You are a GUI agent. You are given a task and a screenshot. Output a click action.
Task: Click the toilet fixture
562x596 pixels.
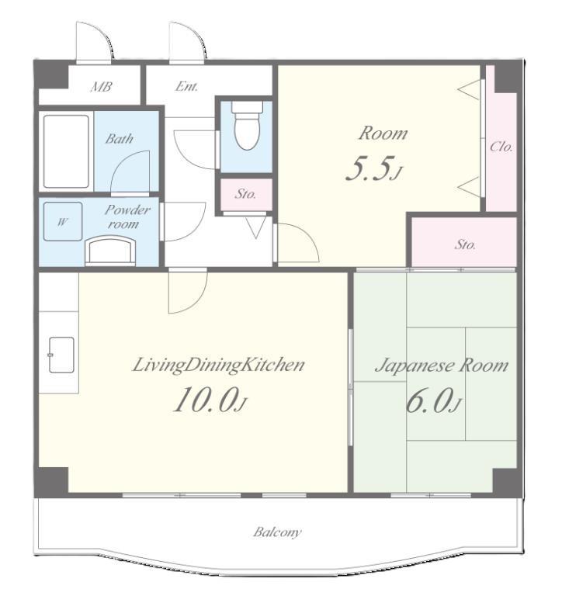(247, 125)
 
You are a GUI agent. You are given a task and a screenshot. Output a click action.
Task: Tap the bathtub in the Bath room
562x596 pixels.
(66, 151)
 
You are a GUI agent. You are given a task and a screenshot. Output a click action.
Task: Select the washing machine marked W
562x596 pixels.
(63, 222)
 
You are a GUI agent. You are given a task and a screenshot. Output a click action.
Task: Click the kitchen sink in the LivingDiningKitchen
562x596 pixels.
(61, 355)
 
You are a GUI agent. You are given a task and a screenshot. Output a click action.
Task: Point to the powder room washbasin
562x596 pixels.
(110, 249)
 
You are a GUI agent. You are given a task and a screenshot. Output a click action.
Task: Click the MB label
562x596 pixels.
(101, 87)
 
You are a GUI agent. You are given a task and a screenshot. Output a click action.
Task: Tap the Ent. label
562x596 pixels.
(187, 87)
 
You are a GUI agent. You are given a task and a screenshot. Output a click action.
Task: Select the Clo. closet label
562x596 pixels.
(501, 147)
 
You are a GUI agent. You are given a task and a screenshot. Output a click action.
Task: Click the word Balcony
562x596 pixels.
(277, 532)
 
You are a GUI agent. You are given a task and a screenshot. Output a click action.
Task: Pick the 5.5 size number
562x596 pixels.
(369, 168)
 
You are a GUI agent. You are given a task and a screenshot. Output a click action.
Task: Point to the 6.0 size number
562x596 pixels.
(430, 400)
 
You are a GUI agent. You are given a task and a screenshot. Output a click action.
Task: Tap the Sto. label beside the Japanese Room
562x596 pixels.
(465, 244)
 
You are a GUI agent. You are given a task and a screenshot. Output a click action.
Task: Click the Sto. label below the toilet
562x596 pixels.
(245, 194)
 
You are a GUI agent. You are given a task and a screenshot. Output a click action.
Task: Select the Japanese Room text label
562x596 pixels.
(442, 366)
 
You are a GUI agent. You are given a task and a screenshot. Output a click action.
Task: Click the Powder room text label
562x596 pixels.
(127, 217)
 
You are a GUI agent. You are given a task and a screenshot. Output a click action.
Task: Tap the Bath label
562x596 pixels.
(119, 139)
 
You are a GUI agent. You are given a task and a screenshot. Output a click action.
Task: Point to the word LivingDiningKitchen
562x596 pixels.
(218, 366)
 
